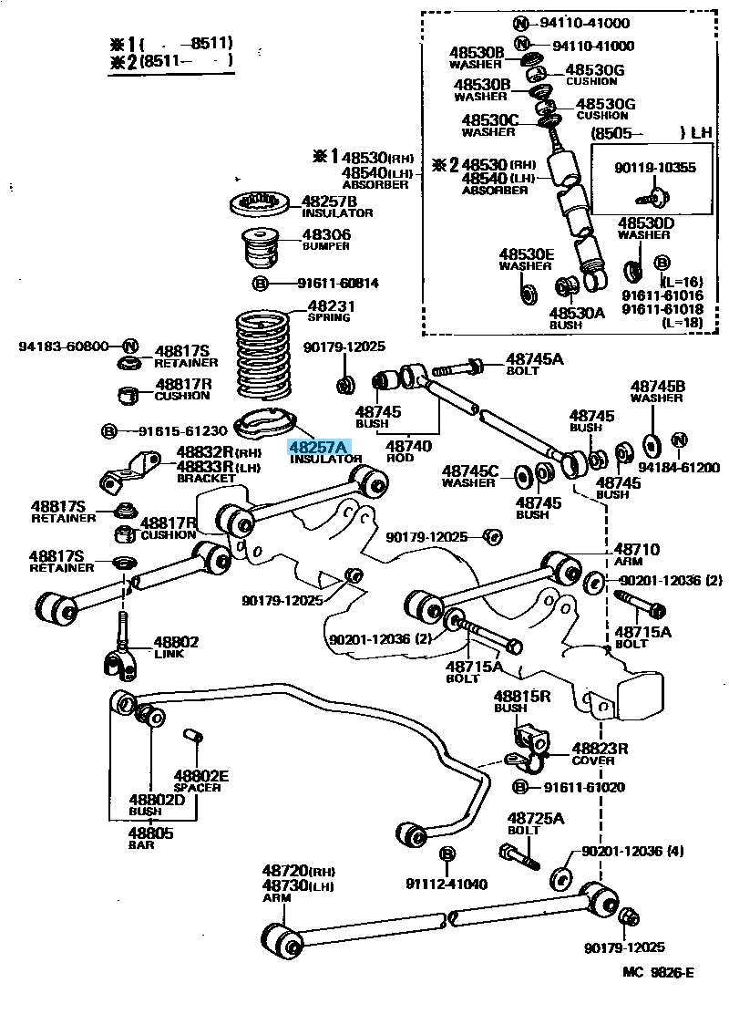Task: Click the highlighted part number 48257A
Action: (318, 447)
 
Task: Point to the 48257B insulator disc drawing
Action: (262, 204)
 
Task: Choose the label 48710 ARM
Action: (636, 554)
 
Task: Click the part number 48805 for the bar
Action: (149, 832)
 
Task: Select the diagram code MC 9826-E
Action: (658, 972)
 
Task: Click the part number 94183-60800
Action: (64, 347)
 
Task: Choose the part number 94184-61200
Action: (678, 468)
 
